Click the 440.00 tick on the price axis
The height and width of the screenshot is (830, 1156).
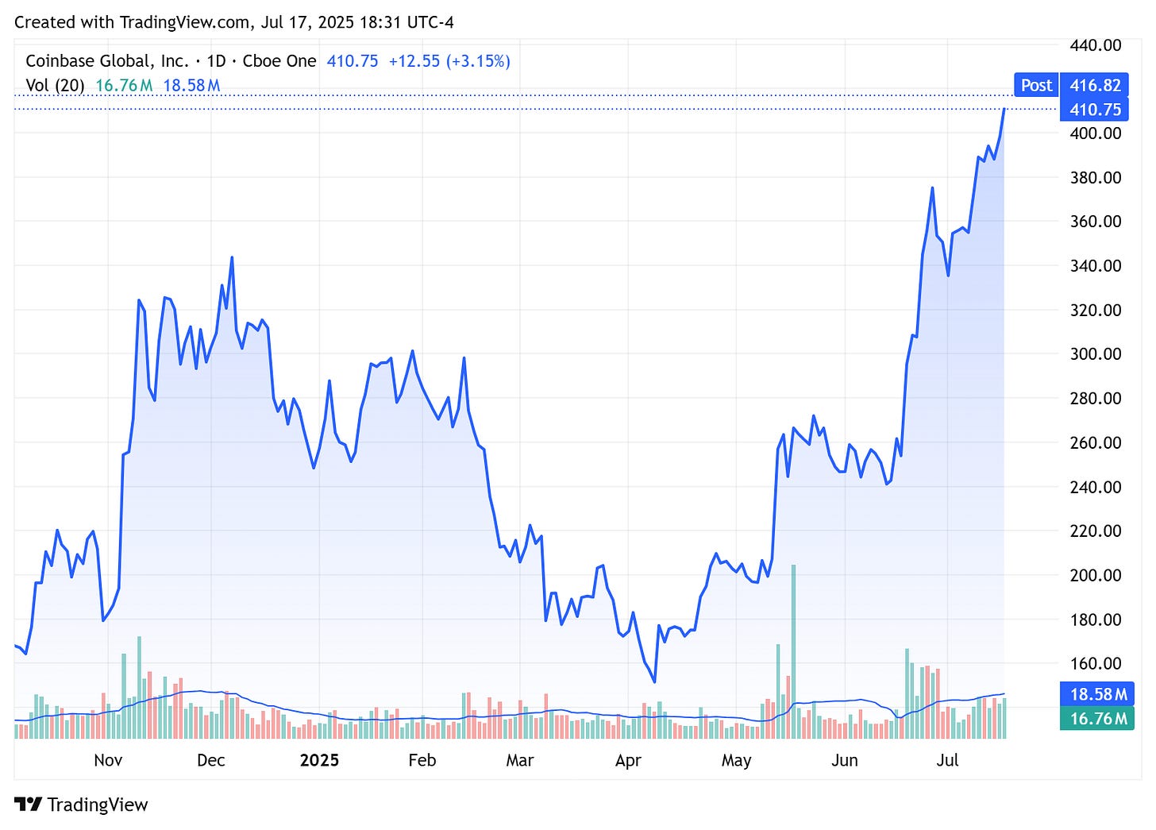(x=1095, y=45)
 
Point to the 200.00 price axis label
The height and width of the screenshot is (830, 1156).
(x=1095, y=575)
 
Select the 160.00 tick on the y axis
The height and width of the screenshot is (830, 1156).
(x=1095, y=663)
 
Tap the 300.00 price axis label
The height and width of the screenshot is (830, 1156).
(x=1095, y=354)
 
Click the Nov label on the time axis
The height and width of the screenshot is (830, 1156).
(x=108, y=760)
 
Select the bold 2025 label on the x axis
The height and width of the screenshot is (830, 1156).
(x=319, y=760)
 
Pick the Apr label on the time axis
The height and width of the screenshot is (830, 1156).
(x=628, y=760)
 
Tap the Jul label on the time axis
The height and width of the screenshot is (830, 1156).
(x=947, y=760)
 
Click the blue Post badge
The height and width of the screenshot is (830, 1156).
(x=1036, y=85)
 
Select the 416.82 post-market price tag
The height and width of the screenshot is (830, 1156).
(x=1095, y=85)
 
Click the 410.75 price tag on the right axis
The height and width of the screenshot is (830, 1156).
(x=1095, y=110)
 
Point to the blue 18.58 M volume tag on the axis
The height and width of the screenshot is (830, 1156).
(x=1097, y=694)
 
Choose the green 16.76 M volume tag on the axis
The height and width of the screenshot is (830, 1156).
(x=1097, y=719)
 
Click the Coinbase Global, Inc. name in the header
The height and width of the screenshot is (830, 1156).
(x=107, y=61)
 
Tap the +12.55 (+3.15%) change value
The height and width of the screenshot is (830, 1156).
(x=449, y=61)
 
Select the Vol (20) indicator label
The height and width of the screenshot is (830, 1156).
(x=55, y=85)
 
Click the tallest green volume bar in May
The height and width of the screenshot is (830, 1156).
(x=793, y=651)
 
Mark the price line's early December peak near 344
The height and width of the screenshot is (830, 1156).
(x=232, y=257)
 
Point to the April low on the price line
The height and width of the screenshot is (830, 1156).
(x=654, y=681)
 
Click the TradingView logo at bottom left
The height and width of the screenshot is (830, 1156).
(x=81, y=805)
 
